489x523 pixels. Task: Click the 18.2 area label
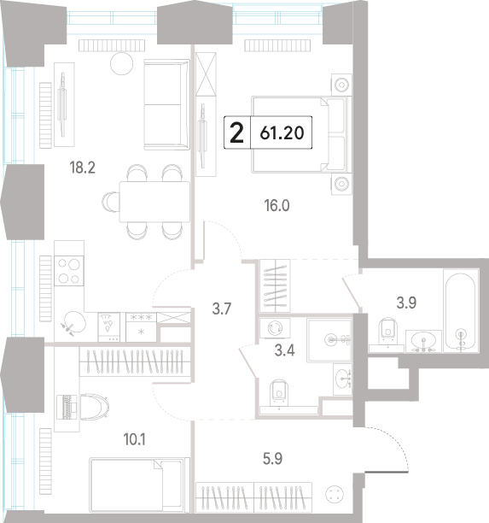[82, 167]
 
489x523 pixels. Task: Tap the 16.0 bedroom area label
[277, 205]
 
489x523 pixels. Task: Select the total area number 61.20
[282, 132]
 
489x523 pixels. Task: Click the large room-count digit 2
[237, 132]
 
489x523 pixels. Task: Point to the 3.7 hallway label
[222, 309]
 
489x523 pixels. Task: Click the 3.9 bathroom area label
[407, 303]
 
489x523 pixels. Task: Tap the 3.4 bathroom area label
[284, 350]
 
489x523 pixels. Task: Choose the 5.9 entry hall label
[272, 459]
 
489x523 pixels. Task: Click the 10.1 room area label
[134, 439]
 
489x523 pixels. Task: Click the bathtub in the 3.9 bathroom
[461, 310]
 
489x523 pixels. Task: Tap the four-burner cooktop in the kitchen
[69, 271]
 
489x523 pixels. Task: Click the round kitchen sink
[75, 321]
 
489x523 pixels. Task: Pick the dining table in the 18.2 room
[154, 202]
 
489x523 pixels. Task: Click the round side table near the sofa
[121, 63]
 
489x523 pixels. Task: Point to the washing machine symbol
[275, 327]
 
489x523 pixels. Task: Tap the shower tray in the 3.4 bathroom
[329, 340]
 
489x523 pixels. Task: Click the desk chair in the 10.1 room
[95, 406]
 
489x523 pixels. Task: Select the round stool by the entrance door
[335, 494]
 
